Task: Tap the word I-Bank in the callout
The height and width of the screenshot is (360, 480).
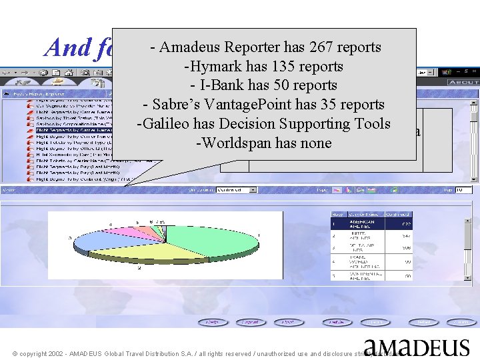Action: pos(226,86)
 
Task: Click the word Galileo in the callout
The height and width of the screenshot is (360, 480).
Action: pos(163,124)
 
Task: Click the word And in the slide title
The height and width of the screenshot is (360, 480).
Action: pos(64,47)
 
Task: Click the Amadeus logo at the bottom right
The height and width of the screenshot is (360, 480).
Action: pos(417,347)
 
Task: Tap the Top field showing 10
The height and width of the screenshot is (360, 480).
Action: pos(463,190)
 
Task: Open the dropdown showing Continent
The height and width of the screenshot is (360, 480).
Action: pos(237,190)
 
